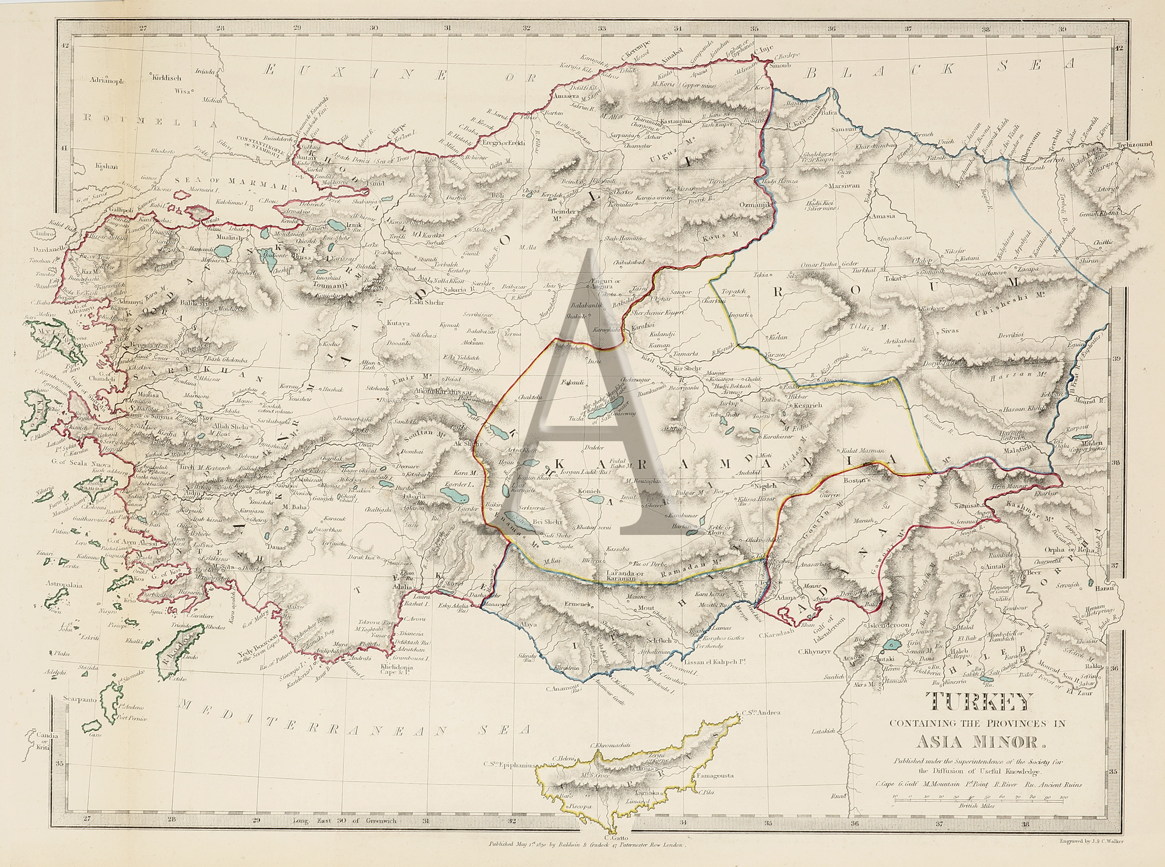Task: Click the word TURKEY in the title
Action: click(x=982, y=702)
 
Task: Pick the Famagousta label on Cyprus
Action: click(x=716, y=775)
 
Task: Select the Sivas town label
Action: click(x=949, y=331)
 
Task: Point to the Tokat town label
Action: click(x=892, y=279)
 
